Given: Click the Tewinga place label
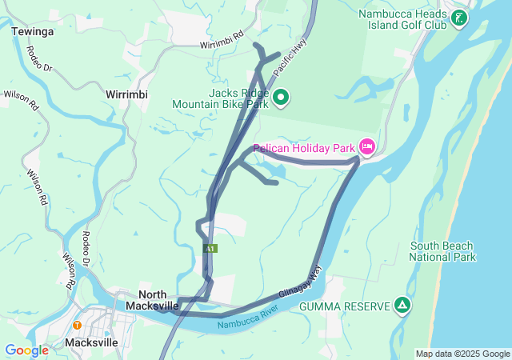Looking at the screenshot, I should (33, 31).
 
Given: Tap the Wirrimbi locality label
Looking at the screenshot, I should (126, 94).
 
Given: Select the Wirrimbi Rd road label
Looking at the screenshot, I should (222, 42).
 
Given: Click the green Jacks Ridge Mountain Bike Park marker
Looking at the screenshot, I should (281, 98).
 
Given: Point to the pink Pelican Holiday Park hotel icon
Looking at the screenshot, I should (367, 146).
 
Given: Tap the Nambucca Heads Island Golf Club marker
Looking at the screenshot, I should (460, 17).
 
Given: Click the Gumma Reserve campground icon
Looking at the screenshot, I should (402, 305).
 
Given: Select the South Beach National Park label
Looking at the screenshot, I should (442, 251).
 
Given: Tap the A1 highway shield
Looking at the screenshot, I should (210, 250).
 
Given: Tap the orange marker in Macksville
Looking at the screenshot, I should (77, 325).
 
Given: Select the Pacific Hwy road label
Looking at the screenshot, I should (289, 59).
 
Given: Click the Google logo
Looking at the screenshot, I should (26, 350).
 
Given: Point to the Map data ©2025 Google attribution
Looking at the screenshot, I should (462, 354).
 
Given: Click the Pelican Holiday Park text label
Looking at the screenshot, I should (304, 148).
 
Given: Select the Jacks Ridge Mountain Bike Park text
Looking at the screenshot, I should (227, 98).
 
